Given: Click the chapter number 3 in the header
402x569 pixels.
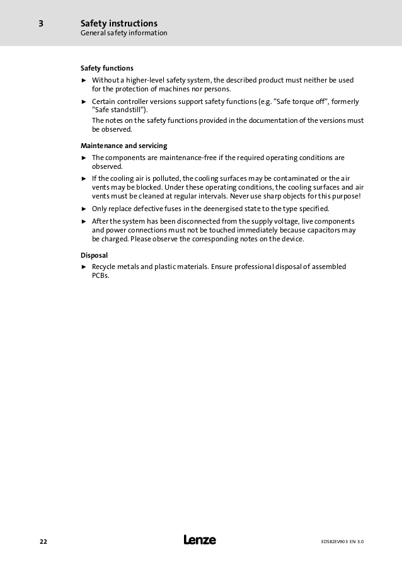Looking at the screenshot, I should (x=41, y=24).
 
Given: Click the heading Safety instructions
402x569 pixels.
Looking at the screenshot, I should (x=119, y=23).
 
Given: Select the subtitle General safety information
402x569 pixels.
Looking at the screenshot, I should (x=124, y=33).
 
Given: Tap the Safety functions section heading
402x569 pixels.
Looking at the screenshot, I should (x=107, y=68).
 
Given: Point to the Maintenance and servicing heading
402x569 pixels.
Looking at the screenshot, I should (x=124, y=146).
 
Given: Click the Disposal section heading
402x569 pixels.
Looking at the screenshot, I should (x=95, y=255).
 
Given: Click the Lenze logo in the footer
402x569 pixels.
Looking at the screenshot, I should (x=200, y=540).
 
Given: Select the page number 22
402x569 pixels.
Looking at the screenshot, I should (x=43, y=541).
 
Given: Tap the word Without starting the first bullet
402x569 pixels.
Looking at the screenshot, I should (x=106, y=80).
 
